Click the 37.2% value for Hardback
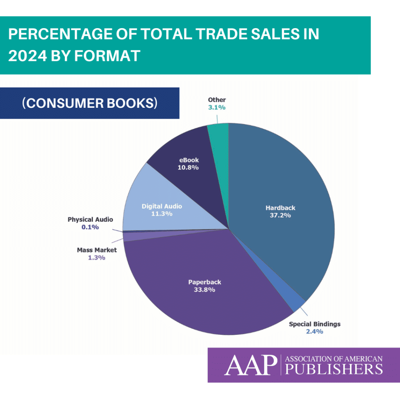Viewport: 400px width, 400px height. [281, 215]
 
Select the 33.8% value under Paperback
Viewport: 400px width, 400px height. [204, 290]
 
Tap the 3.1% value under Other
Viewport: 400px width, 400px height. [216, 107]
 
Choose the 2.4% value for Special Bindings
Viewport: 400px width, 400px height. [314, 332]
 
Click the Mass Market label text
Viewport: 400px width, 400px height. [96, 250]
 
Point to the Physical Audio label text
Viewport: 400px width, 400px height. [90, 220]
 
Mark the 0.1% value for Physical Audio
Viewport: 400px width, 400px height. [90, 227]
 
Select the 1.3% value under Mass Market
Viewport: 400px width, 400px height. [96, 258]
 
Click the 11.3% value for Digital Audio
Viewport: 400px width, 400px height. [162, 214]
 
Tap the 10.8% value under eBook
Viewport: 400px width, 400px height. [189, 168]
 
